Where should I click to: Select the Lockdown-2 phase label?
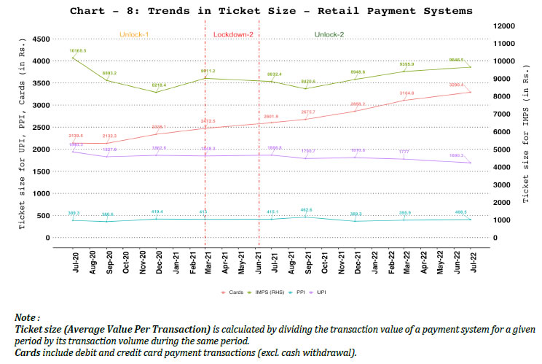(x=232, y=34)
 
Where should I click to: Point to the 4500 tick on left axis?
(x=40, y=39)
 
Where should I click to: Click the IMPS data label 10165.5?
(x=78, y=50)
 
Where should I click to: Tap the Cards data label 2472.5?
(x=208, y=120)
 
